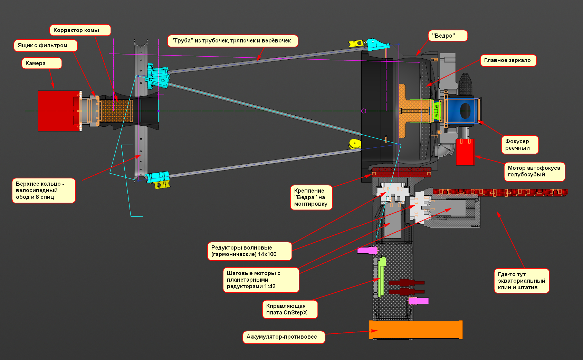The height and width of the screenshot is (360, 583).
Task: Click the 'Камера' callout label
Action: tap(42, 64)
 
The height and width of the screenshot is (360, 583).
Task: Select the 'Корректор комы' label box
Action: tap(80, 30)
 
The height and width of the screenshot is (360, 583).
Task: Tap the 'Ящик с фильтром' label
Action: tap(46, 46)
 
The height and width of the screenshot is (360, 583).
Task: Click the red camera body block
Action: tap(55, 110)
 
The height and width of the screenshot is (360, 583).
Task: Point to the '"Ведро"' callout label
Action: tap(448, 36)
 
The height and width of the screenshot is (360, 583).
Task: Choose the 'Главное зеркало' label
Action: tap(508, 60)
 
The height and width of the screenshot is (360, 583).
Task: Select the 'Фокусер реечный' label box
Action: tap(519, 145)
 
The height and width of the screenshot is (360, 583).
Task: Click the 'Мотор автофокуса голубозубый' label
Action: tap(534, 171)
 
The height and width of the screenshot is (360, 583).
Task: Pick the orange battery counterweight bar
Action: tap(416, 330)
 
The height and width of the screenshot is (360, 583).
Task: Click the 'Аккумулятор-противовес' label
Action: tap(284, 337)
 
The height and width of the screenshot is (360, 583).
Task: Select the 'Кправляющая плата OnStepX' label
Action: tap(290, 309)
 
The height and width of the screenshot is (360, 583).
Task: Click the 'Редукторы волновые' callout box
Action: tap(249, 251)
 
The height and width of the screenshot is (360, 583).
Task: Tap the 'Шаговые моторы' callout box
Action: tap(261, 280)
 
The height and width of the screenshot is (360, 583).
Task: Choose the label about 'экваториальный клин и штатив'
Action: tap(522, 281)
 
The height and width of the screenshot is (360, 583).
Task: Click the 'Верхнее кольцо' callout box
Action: tap(44, 191)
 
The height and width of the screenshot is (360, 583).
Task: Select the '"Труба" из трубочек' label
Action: tap(232, 41)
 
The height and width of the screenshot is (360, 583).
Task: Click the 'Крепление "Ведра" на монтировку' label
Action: tap(311, 197)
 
